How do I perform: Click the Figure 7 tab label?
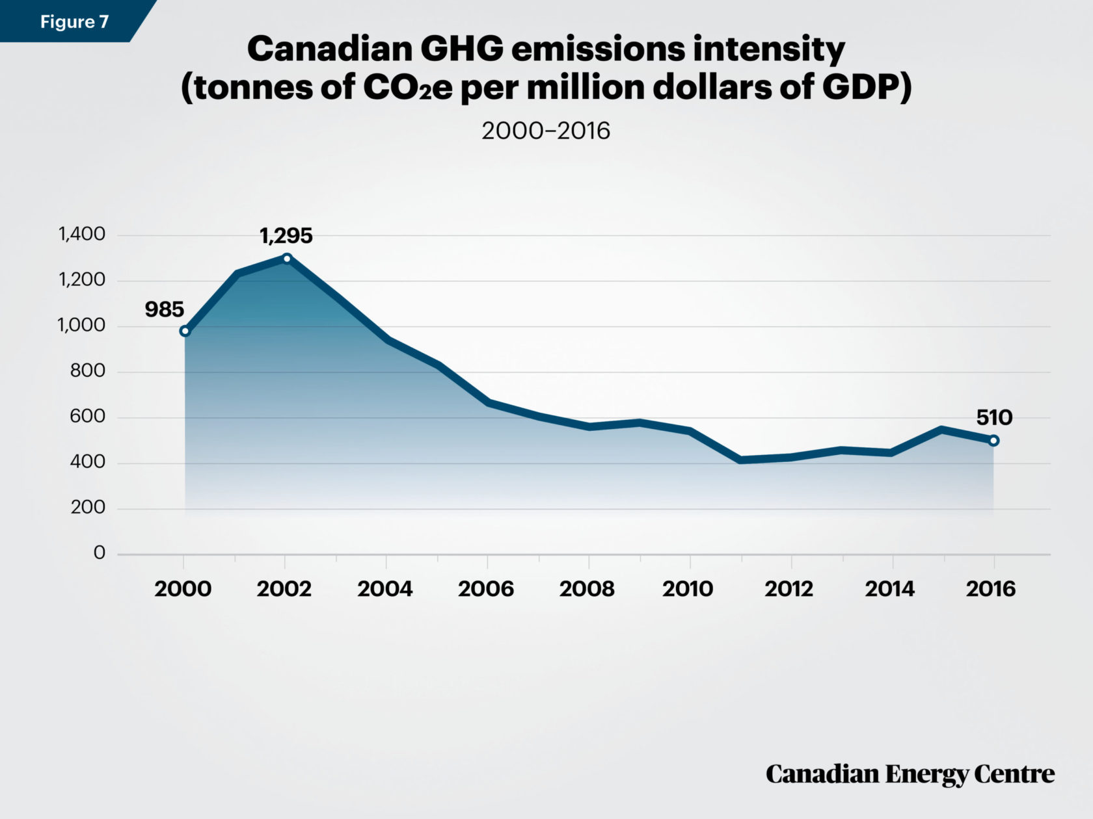[74, 22]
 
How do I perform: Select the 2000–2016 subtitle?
[546, 131]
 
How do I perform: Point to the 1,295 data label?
[286, 236]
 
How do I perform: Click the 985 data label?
[164, 310]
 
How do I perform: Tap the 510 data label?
[994, 417]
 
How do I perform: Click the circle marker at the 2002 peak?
[287, 259]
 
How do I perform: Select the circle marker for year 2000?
[185, 331]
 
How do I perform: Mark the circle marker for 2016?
[993, 441]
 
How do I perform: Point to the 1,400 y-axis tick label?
[82, 234]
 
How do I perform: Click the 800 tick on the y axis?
[87, 371]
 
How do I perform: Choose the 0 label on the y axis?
[99, 553]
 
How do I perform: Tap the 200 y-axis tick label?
[87, 508]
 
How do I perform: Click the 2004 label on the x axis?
[385, 589]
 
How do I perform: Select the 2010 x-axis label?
[688, 589]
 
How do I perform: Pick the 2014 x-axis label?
[890, 589]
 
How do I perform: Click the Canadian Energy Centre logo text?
[910, 774]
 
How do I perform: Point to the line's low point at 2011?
[740, 460]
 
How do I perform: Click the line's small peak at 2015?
[943, 429]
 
